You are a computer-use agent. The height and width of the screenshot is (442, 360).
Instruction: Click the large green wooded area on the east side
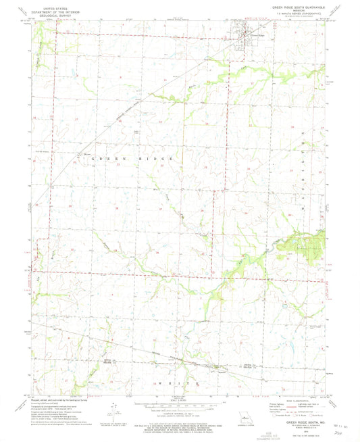point(307,245)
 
